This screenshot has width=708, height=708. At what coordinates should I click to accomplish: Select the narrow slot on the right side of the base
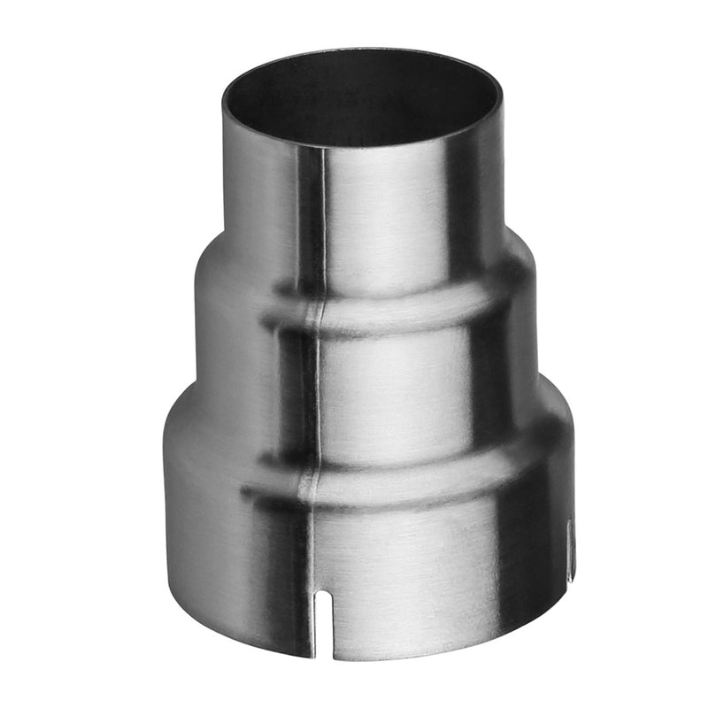(x=570, y=549)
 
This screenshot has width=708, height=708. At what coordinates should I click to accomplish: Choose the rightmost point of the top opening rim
(x=502, y=96)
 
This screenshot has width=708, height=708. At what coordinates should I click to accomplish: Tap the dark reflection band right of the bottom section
(x=522, y=566)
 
